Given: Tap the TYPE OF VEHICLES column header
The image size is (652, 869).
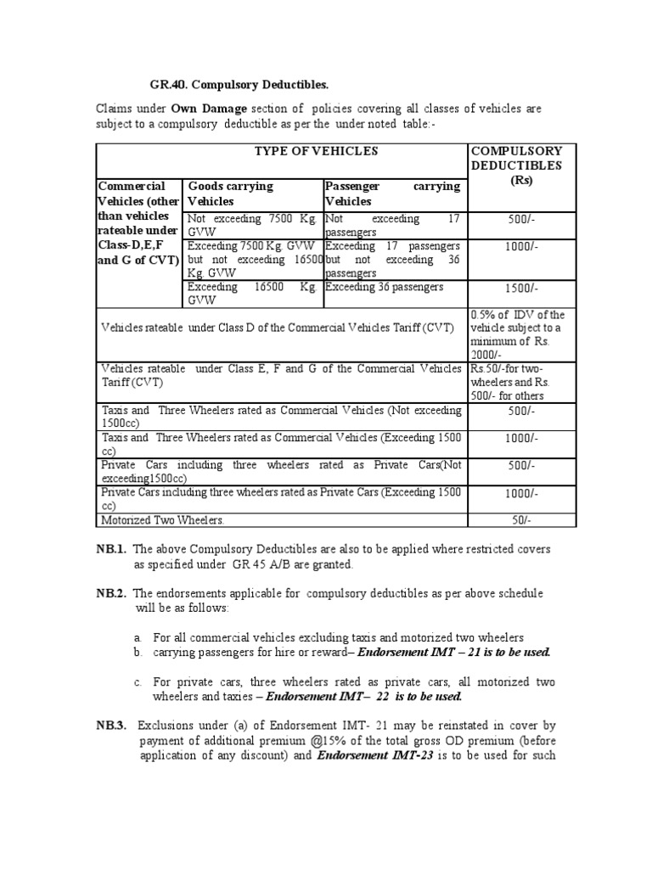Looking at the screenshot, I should click(282, 151).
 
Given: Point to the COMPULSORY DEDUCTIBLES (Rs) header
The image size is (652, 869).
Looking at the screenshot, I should click(517, 165).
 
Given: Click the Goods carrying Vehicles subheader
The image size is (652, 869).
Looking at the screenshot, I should click(230, 193).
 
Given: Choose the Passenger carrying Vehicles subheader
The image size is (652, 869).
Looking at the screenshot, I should click(392, 193).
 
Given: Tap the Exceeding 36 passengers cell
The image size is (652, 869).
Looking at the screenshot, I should click(384, 287).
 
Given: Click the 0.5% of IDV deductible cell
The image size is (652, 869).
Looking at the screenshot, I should click(516, 334).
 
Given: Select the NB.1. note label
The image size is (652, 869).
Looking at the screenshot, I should click(111, 548).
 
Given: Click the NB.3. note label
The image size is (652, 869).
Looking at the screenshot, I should click(111, 726).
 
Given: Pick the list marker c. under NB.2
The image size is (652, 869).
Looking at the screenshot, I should click(138, 681).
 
